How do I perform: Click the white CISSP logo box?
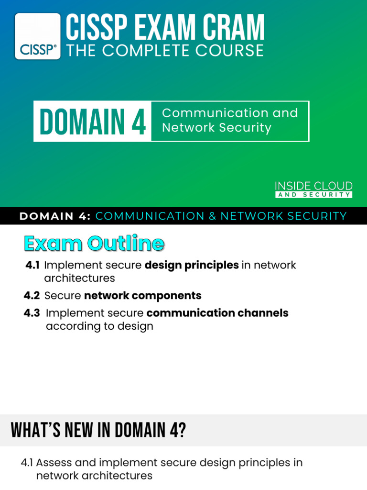37,36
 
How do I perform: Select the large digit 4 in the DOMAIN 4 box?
139,121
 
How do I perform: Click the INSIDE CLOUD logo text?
313,186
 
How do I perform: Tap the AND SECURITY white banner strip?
313,195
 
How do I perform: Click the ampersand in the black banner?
212,216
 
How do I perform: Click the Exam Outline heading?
94,243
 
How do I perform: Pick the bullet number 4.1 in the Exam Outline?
32,265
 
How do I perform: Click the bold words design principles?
192,265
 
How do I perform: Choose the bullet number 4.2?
32,295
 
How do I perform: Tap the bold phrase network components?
143,296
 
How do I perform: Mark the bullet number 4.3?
32,313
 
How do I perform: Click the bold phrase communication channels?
217,313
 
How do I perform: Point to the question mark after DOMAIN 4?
182,430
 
